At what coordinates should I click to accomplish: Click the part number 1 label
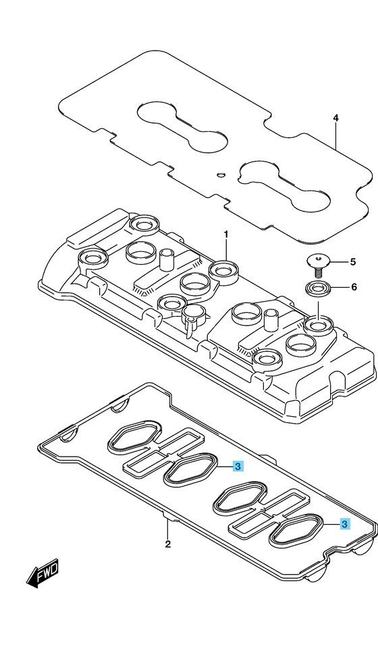(225, 234)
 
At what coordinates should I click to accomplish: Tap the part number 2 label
(167, 545)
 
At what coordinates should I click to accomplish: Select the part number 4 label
(335, 118)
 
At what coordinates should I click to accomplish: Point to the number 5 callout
(353, 262)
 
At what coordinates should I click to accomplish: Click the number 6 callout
(354, 287)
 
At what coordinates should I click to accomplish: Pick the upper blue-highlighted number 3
(238, 466)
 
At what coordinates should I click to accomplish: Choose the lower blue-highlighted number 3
(344, 524)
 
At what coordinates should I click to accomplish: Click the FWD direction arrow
(43, 574)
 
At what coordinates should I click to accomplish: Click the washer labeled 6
(317, 289)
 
